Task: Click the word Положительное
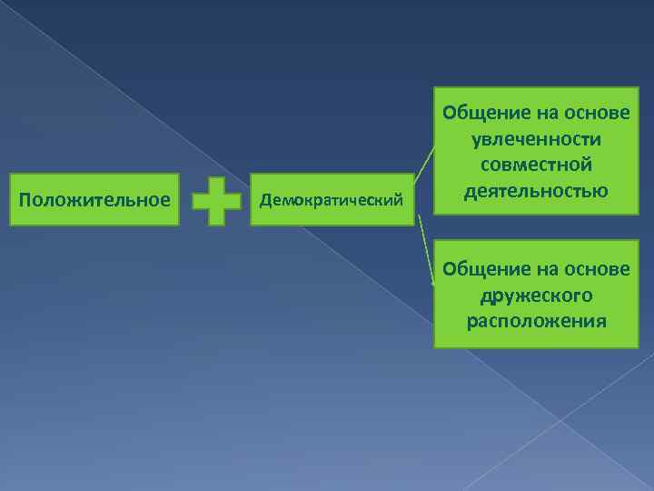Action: click(x=94, y=199)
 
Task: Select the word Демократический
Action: click(x=330, y=200)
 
